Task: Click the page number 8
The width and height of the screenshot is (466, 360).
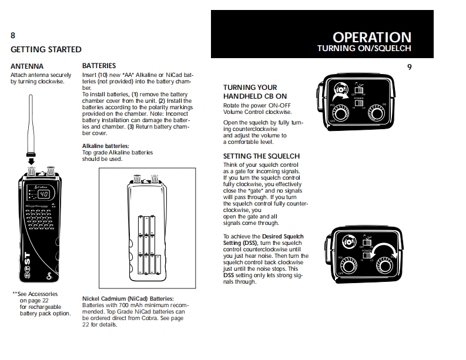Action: tap(14, 35)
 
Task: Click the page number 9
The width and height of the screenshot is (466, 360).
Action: tap(409, 67)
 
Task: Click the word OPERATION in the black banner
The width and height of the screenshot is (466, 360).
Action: tap(372, 38)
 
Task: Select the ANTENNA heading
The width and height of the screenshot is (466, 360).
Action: tap(27, 66)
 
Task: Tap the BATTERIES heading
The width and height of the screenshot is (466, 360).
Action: tap(99, 66)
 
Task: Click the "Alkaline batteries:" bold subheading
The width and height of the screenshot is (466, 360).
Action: tap(105, 145)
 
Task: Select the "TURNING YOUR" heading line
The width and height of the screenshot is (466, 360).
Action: tap(250, 88)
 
